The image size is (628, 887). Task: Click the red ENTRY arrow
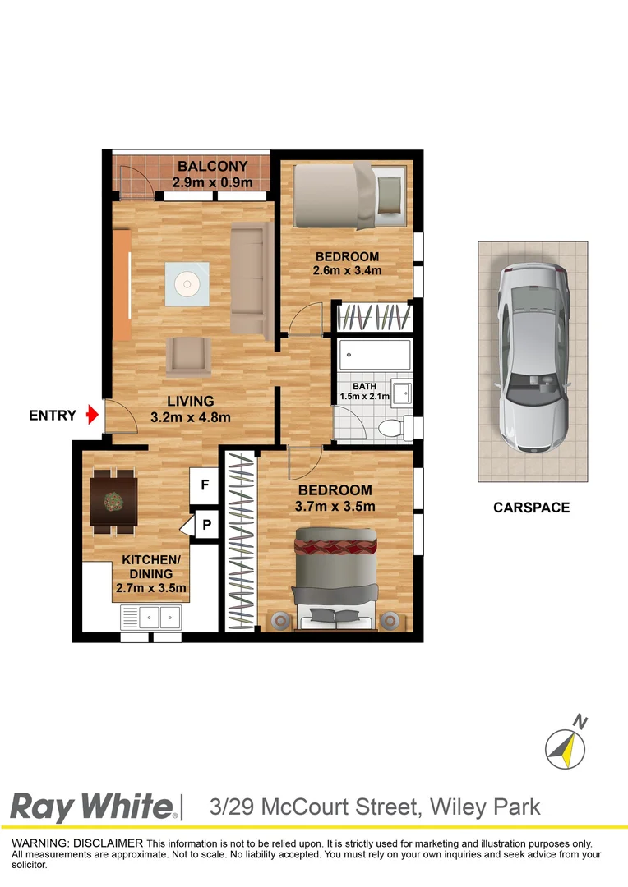click(92, 416)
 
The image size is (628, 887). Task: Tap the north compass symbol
click(566, 747)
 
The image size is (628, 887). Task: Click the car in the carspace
click(532, 358)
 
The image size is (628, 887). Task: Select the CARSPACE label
click(531, 508)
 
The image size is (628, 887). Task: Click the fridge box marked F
click(204, 485)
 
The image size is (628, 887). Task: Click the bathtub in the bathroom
click(375, 355)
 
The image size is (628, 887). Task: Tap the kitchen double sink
click(150, 614)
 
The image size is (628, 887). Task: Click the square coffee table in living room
click(187, 284)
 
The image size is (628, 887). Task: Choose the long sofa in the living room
click(250, 279)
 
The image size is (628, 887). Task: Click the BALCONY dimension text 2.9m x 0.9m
click(212, 183)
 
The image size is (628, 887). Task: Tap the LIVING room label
click(191, 402)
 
